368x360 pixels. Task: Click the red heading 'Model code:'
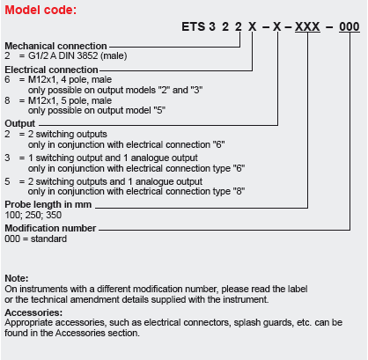pos(40,10)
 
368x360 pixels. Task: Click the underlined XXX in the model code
pos(307,26)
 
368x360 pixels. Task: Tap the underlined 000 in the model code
pos(350,26)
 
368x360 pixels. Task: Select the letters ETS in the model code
pos(193,26)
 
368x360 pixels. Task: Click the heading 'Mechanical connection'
pos(55,46)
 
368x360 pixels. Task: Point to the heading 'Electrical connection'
pos(51,70)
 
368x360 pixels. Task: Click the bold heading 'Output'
pos(19,123)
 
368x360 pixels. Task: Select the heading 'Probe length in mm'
pos(48,204)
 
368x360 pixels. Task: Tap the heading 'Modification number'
pos(50,228)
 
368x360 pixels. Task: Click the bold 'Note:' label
pos(17,278)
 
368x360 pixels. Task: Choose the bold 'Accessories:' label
pos(33,312)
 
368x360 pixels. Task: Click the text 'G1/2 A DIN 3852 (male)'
pos(77,55)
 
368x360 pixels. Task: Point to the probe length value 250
pos(33,215)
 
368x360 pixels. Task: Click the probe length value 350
pos(54,215)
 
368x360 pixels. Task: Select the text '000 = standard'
pos(36,239)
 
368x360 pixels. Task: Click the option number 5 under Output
pos(7,181)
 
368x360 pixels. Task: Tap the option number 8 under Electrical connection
pos(7,100)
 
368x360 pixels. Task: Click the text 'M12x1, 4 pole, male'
pos(70,79)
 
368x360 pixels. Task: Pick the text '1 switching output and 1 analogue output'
pos(113,158)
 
